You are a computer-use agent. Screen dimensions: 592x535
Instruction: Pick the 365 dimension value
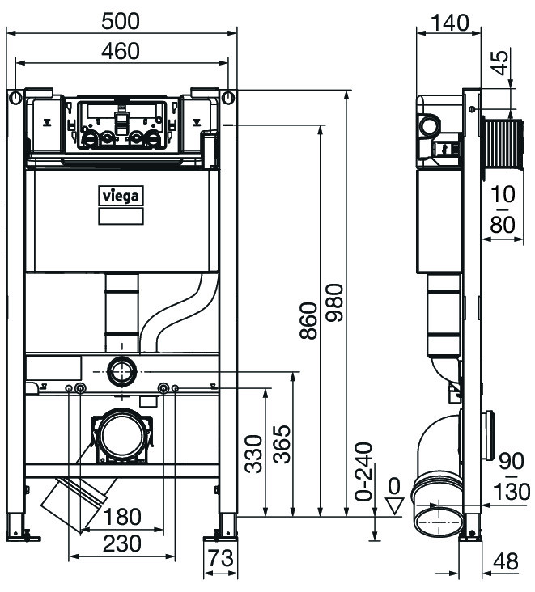[281, 444]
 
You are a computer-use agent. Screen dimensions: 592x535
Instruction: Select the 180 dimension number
[122, 516]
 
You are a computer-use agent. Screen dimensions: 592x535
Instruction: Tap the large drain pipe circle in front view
[122, 436]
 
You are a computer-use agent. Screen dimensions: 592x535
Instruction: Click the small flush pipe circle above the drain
[123, 372]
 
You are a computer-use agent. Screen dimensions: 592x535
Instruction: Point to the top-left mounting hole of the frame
[15, 99]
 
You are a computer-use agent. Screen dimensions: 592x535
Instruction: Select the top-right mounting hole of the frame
[229, 99]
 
